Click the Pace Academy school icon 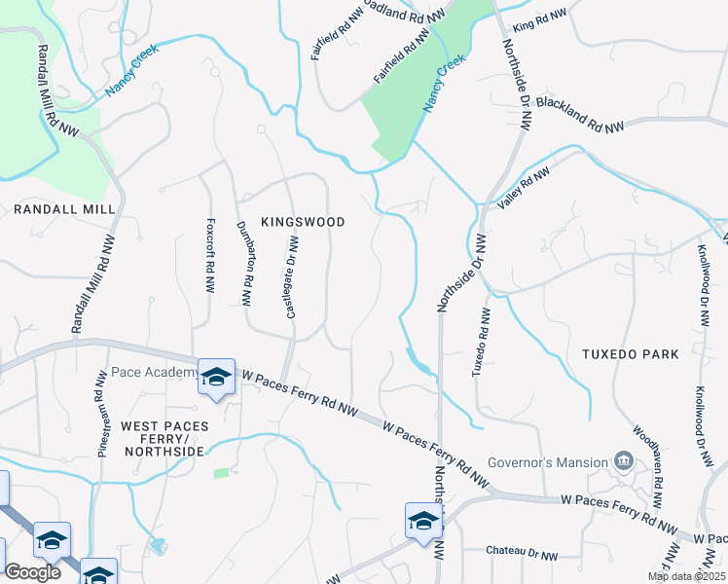pyautogui.click(x=215, y=377)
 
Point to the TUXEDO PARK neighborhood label pyautogui.click(x=635, y=354)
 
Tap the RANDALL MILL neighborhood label pyautogui.click(x=64, y=209)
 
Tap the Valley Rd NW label pyautogui.click(x=524, y=187)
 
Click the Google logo pyautogui.click(x=32, y=572)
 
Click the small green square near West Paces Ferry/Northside pyautogui.click(x=222, y=473)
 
